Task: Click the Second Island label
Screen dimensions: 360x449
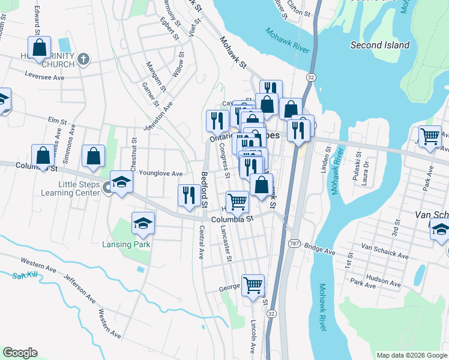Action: (380, 45)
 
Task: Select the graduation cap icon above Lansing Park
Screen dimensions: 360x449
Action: (143, 224)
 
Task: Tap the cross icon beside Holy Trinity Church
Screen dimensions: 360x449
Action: (83, 59)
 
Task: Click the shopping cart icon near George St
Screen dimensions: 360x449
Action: (253, 284)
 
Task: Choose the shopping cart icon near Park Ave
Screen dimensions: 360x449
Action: (430, 137)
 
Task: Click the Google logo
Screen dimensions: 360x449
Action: (20, 353)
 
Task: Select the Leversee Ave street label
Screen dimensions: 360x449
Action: (44, 77)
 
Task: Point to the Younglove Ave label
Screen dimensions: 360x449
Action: (160, 174)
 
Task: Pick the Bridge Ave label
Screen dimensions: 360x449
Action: (319, 248)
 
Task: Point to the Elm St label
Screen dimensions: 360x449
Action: (57, 121)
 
